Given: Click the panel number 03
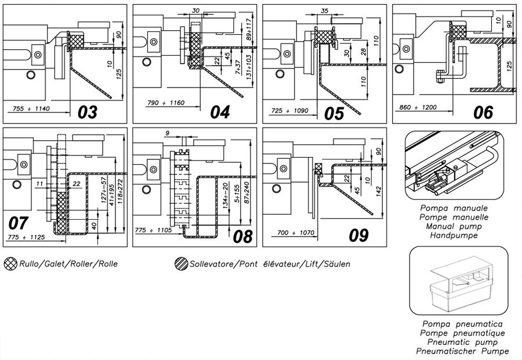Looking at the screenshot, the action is click(88, 112).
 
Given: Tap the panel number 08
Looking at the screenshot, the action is click(242, 237).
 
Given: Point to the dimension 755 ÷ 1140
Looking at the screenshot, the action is click(31, 108).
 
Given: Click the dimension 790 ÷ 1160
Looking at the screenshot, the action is click(166, 103).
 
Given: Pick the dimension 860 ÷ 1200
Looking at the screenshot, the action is click(418, 107).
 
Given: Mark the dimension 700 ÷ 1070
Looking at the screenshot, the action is click(296, 232).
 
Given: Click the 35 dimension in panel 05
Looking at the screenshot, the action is click(324, 10).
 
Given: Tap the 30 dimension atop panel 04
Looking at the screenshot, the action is click(196, 10).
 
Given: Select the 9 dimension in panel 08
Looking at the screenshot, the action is click(168, 133).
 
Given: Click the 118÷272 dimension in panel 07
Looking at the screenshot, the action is click(120, 192).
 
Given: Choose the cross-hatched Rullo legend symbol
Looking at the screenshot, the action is click(10, 264).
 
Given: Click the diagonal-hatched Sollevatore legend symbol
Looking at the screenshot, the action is click(181, 264).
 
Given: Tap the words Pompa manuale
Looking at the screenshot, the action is click(454, 208).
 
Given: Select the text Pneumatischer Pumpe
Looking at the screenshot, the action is click(462, 351).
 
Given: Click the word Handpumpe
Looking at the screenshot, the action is click(454, 235).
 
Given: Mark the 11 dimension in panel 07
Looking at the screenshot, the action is click(39, 184).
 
